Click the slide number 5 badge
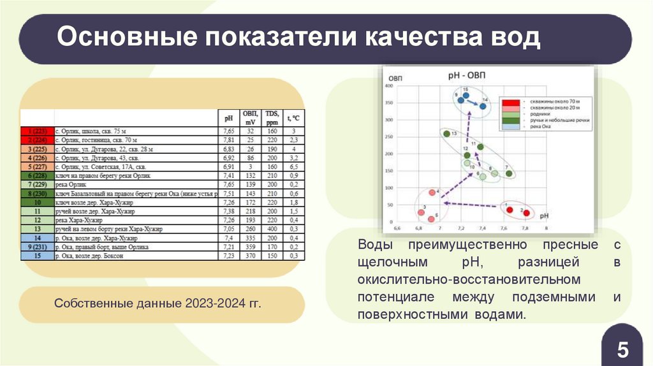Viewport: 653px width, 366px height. (x=622, y=350)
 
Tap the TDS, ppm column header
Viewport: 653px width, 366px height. (x=272, y=118)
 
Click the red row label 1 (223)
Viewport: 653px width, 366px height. (x=37, y=130)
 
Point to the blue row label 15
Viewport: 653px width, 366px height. (x=37, y=256)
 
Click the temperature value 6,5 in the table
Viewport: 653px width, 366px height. (x=294, y=166)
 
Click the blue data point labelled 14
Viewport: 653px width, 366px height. (x=483, y=106)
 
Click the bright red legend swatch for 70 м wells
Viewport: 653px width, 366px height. (x=509, y=101)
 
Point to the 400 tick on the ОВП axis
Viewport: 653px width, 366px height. (x=388, y=85)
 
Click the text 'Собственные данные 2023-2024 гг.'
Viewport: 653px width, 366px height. (x=158, y=304)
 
